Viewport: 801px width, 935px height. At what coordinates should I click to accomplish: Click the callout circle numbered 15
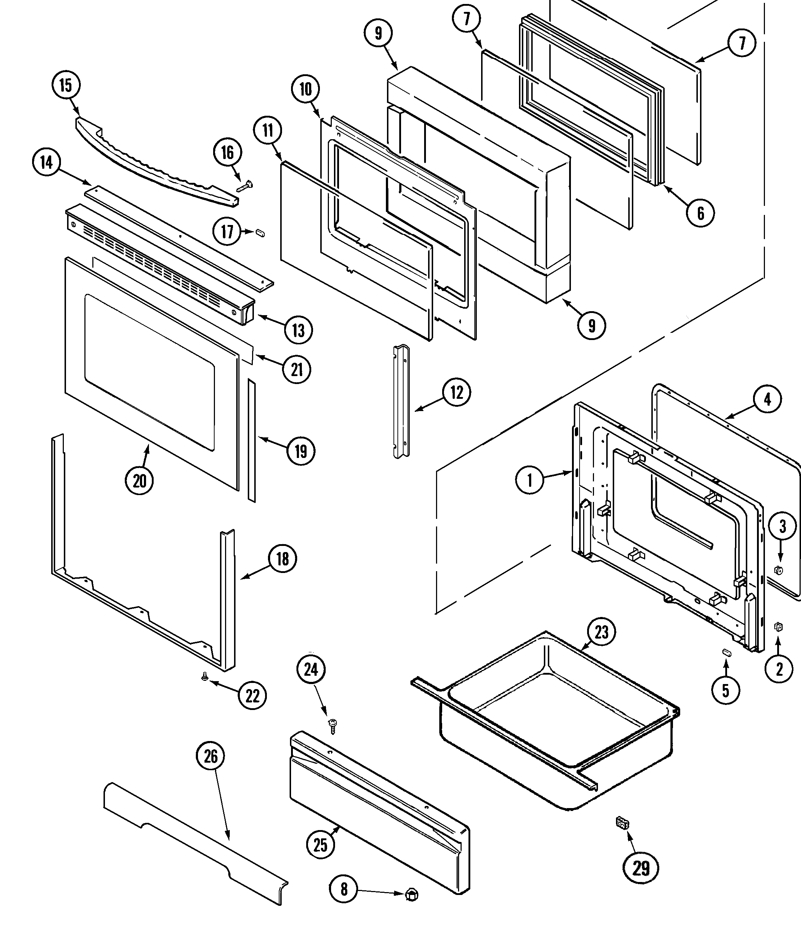(66, 85)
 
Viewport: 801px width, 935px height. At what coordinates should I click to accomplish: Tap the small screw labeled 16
(245, 186)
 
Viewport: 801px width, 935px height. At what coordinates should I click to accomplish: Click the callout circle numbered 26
(211, 756)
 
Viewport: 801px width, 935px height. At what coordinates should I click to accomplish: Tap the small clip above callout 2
(778, 626)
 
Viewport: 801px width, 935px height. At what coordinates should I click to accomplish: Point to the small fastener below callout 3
(778, 570)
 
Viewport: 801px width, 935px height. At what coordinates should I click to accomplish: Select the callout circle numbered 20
(140, 481)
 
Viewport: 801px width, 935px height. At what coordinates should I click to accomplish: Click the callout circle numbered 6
(700, 213)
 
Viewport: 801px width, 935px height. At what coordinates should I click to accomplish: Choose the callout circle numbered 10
(305, 89)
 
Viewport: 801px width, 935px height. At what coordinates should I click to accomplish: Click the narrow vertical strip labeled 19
(251, 440)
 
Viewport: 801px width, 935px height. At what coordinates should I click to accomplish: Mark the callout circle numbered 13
(298, 330)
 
